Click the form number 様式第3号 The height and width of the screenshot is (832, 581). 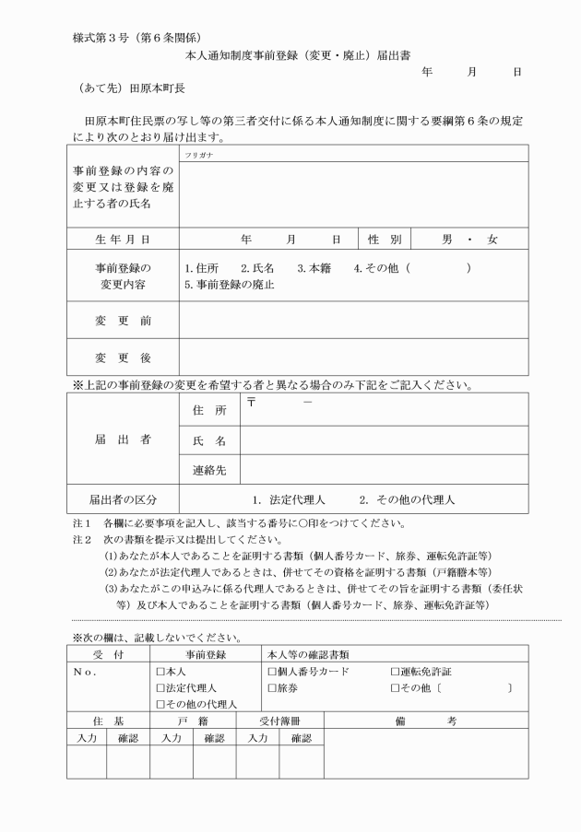point(100,39)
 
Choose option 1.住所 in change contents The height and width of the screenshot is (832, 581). point(201,268)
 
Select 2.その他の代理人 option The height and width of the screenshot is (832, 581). point(407,500)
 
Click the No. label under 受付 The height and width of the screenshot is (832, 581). point(84,672)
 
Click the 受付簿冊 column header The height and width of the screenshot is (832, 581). point(279,721)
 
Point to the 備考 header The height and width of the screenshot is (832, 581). point(425,721)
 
